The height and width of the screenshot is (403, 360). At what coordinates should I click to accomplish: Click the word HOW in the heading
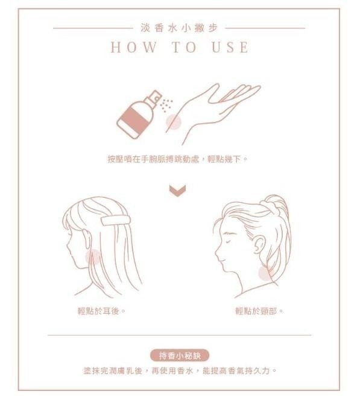pos(134,47)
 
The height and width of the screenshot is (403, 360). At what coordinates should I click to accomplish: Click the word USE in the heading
pos(230,47)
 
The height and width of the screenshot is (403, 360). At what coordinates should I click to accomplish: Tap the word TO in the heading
pos(184,47)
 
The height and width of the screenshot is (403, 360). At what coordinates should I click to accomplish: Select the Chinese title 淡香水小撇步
pos(179,28)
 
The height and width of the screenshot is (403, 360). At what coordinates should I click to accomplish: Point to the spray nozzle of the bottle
pos(155,97)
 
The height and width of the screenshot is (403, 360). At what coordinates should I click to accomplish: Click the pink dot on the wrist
pos(174,122)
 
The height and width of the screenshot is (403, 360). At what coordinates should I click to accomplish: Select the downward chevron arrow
pos(177,191)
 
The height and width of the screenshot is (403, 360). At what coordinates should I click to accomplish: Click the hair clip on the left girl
pos(116,221)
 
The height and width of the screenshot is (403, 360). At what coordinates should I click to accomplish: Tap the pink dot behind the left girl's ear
pos(93,256)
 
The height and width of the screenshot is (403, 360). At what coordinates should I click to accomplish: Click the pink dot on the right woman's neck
pos(266,273)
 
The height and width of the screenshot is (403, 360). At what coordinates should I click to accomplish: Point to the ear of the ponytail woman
pos(259,245)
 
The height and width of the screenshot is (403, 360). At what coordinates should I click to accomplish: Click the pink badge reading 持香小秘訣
pos(180,356)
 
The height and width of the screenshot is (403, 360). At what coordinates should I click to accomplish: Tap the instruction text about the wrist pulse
pos(177,159)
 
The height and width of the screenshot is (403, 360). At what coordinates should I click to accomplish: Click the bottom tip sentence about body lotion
pos(180,371)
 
